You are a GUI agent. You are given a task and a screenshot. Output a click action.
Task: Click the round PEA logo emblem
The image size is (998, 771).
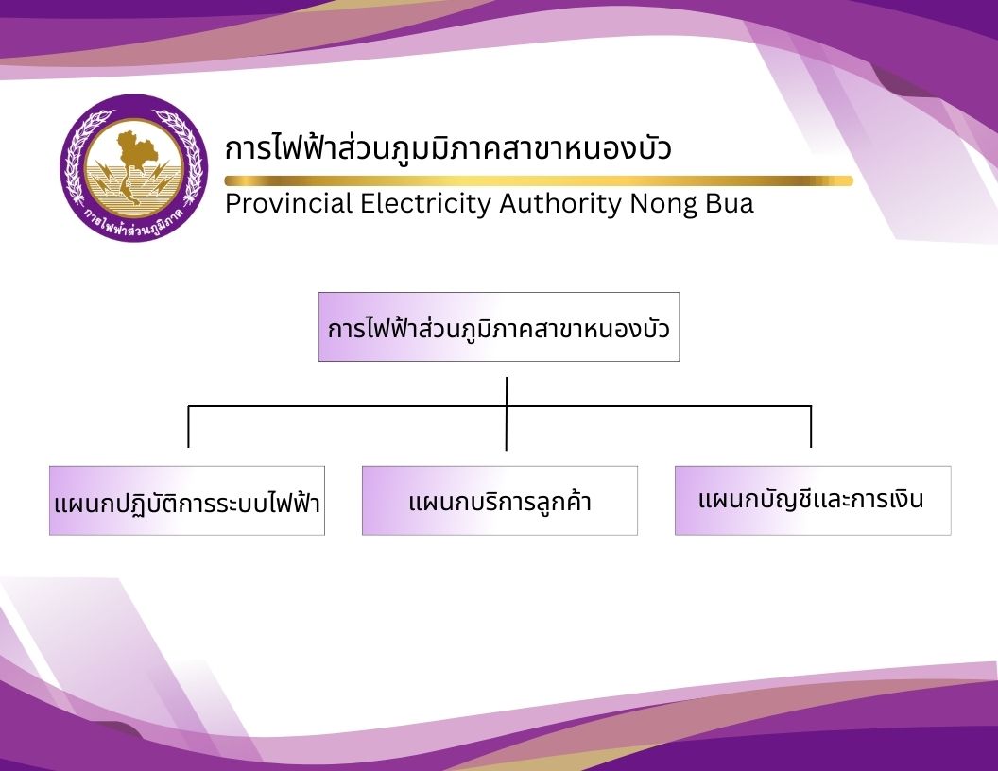133,168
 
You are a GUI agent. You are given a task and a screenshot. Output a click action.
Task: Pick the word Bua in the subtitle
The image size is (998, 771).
730,203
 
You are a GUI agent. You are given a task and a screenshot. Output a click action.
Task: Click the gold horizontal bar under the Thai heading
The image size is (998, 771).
539,180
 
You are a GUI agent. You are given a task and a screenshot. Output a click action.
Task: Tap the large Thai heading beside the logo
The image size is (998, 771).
448,146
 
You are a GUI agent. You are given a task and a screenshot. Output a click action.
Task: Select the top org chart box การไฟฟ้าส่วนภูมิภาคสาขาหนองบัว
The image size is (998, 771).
499,327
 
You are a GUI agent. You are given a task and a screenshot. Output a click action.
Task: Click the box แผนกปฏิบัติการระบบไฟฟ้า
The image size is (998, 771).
187,501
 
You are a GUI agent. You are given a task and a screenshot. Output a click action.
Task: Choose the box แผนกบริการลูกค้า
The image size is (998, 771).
500,501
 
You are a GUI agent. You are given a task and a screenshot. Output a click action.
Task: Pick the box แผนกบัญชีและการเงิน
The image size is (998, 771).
813,501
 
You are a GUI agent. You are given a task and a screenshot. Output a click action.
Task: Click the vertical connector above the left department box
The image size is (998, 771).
188,426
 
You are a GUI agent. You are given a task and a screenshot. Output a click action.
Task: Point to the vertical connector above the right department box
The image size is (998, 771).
811,426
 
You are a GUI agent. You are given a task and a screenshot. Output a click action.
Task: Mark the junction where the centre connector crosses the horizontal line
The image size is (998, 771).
506,406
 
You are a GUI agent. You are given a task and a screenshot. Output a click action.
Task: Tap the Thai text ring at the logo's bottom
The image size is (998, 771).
133,223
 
